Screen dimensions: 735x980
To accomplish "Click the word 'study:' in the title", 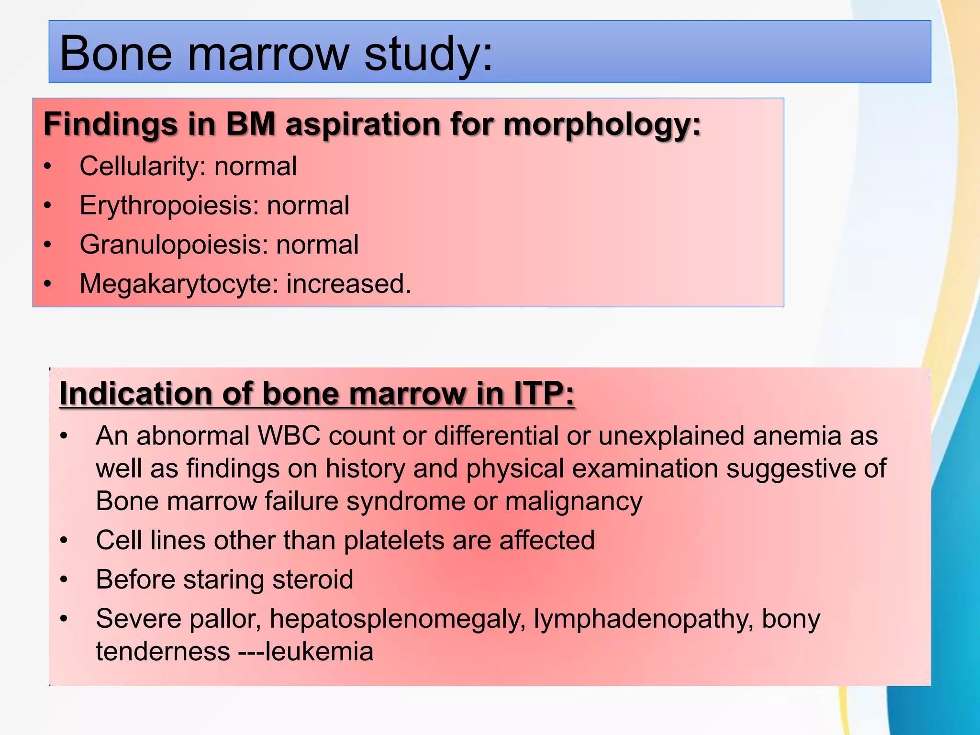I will pos(428,54).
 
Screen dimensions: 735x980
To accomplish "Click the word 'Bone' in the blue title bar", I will pos(115,54).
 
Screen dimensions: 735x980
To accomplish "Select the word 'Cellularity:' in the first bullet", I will pos(143,167).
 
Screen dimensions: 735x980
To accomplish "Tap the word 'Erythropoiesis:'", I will pos(169,206).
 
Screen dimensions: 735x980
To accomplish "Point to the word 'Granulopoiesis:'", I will pos(173,245).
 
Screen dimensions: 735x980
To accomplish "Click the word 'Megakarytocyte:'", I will pos(179,284).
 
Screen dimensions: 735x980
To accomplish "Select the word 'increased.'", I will pos(349,284).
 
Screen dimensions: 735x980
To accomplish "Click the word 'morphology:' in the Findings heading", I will pos(602,124).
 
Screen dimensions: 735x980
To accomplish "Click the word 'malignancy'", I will pos(573,501).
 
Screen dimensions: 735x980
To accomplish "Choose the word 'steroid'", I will pos(312,579).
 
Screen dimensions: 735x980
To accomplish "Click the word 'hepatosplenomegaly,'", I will pos(397,619).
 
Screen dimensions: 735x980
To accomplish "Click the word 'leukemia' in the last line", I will pos(319,652).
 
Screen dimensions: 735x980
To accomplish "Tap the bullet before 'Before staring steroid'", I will pos(64,580).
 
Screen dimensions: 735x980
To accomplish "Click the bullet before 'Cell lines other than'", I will pos(64,541).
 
